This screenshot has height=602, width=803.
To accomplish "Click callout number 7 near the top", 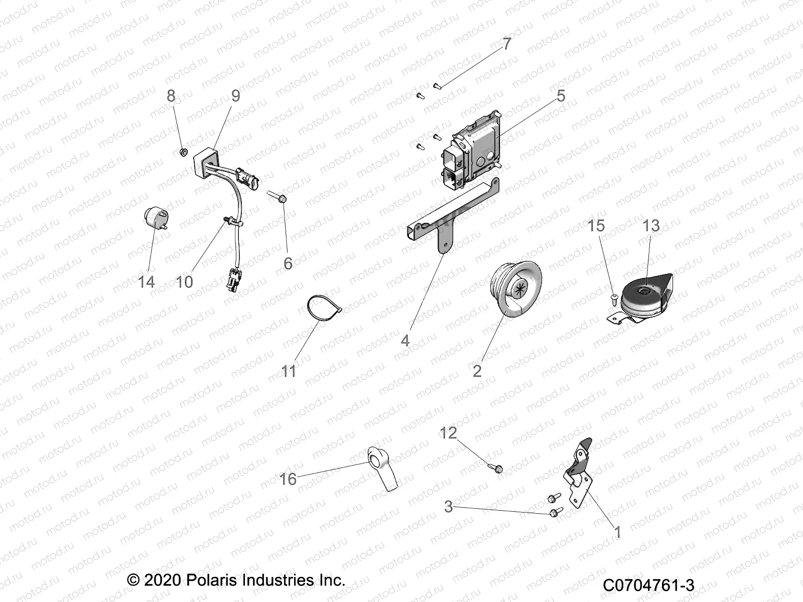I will click(507, 44).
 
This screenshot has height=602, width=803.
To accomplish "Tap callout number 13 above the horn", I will click(651, 226).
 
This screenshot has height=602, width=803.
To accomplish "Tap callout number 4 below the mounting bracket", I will click(405, 341).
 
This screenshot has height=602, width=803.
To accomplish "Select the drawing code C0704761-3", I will click(648, 585).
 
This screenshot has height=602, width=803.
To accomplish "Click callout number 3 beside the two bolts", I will click(448, 507).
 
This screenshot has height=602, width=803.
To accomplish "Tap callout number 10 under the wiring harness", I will click(184, 282).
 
